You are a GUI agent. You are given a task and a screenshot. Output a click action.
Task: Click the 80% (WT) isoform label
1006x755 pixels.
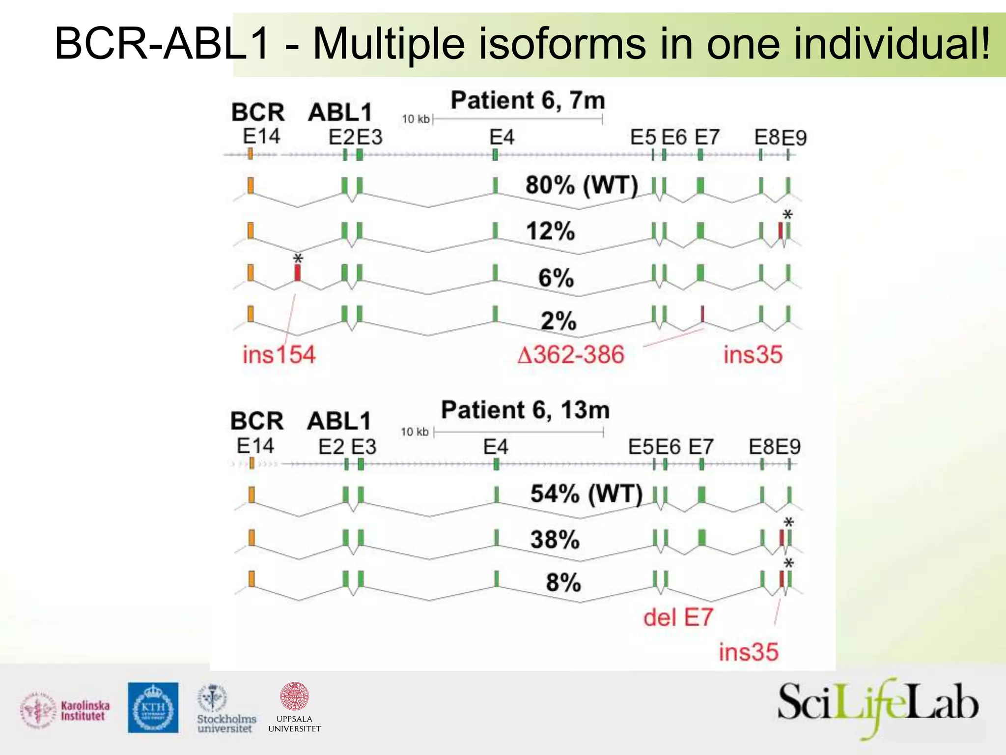(x=582, y=186)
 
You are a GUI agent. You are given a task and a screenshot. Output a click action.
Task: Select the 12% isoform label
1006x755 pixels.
(x=550, y=231)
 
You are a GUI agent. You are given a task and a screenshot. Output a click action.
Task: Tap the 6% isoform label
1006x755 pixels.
(x=556, y=278)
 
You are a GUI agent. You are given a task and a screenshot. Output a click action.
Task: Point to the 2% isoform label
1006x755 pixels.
(x=559, y=321)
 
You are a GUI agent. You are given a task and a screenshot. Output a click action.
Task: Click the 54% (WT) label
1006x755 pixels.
(x=586, y=494)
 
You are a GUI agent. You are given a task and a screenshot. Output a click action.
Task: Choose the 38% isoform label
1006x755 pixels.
(x=555, y=540)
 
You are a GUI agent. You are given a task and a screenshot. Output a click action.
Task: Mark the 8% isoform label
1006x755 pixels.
(x=563, y=583)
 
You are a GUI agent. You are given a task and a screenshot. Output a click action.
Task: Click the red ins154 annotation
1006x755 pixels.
(x=279, y=354)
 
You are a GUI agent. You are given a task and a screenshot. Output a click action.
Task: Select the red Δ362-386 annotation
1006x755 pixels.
(x=571, y=354)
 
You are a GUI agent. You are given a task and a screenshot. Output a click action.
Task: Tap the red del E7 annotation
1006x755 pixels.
(x=678, y=617)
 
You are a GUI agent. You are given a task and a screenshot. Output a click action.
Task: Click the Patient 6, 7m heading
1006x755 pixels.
(x=528, y=101)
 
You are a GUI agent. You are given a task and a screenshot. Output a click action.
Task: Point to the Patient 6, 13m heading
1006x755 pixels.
(x=525, y=410)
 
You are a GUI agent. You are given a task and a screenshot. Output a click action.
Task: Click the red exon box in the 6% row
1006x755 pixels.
(x=297, y=273)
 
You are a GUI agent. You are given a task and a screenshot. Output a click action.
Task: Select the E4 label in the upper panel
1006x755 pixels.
(x=502, y=137)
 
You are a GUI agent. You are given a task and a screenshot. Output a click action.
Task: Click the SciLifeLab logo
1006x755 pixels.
(x=877, y=706)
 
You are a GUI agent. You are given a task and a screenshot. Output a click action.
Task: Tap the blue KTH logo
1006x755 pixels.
(x=153, y=707)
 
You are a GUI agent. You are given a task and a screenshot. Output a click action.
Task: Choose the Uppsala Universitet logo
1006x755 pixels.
(x=295, y=708)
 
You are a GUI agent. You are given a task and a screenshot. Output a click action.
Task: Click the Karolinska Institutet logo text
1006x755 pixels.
(x=84, y=711)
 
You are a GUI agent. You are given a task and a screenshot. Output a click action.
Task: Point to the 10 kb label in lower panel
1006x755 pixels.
(x=415, y=432)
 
